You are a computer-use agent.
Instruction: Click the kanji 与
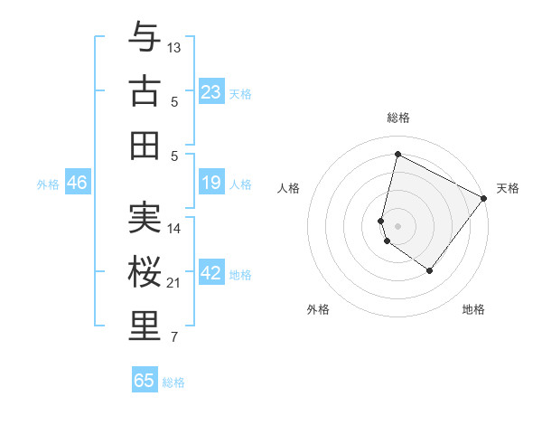point(144,37)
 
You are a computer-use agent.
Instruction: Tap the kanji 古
point(144,91)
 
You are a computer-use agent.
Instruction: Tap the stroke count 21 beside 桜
point(174,283)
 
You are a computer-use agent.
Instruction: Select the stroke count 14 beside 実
point(174,229)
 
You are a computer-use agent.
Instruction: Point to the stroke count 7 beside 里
point(173,338)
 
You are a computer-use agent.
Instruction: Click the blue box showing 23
point(210,91)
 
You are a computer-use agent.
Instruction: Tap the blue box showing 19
point(210,184)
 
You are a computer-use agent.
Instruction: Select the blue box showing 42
point(210,274)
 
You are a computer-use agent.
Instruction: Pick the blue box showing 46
point(78,184)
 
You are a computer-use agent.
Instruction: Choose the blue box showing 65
point(145,381)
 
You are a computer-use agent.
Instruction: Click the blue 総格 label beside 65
point(173,382)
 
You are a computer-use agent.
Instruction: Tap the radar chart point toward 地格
point(430,270)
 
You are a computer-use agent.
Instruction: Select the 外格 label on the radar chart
point(318,309)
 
